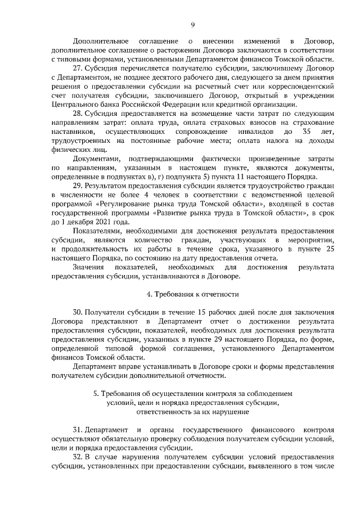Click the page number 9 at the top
point(193,24)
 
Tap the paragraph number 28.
point(77,113)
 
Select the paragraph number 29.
point(77,184)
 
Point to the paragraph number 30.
point(77,312)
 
